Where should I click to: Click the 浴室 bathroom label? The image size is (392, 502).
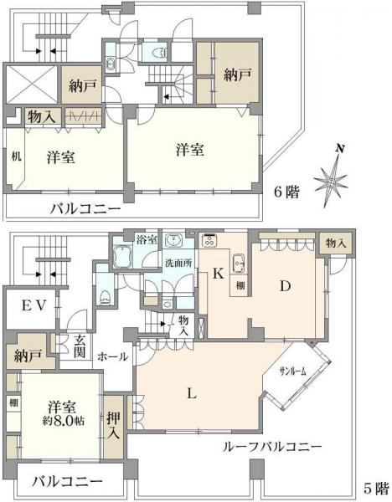pos(147,239)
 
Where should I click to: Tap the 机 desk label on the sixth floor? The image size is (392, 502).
pos(16,156)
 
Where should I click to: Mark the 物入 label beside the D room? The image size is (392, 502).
pos(336,243)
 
